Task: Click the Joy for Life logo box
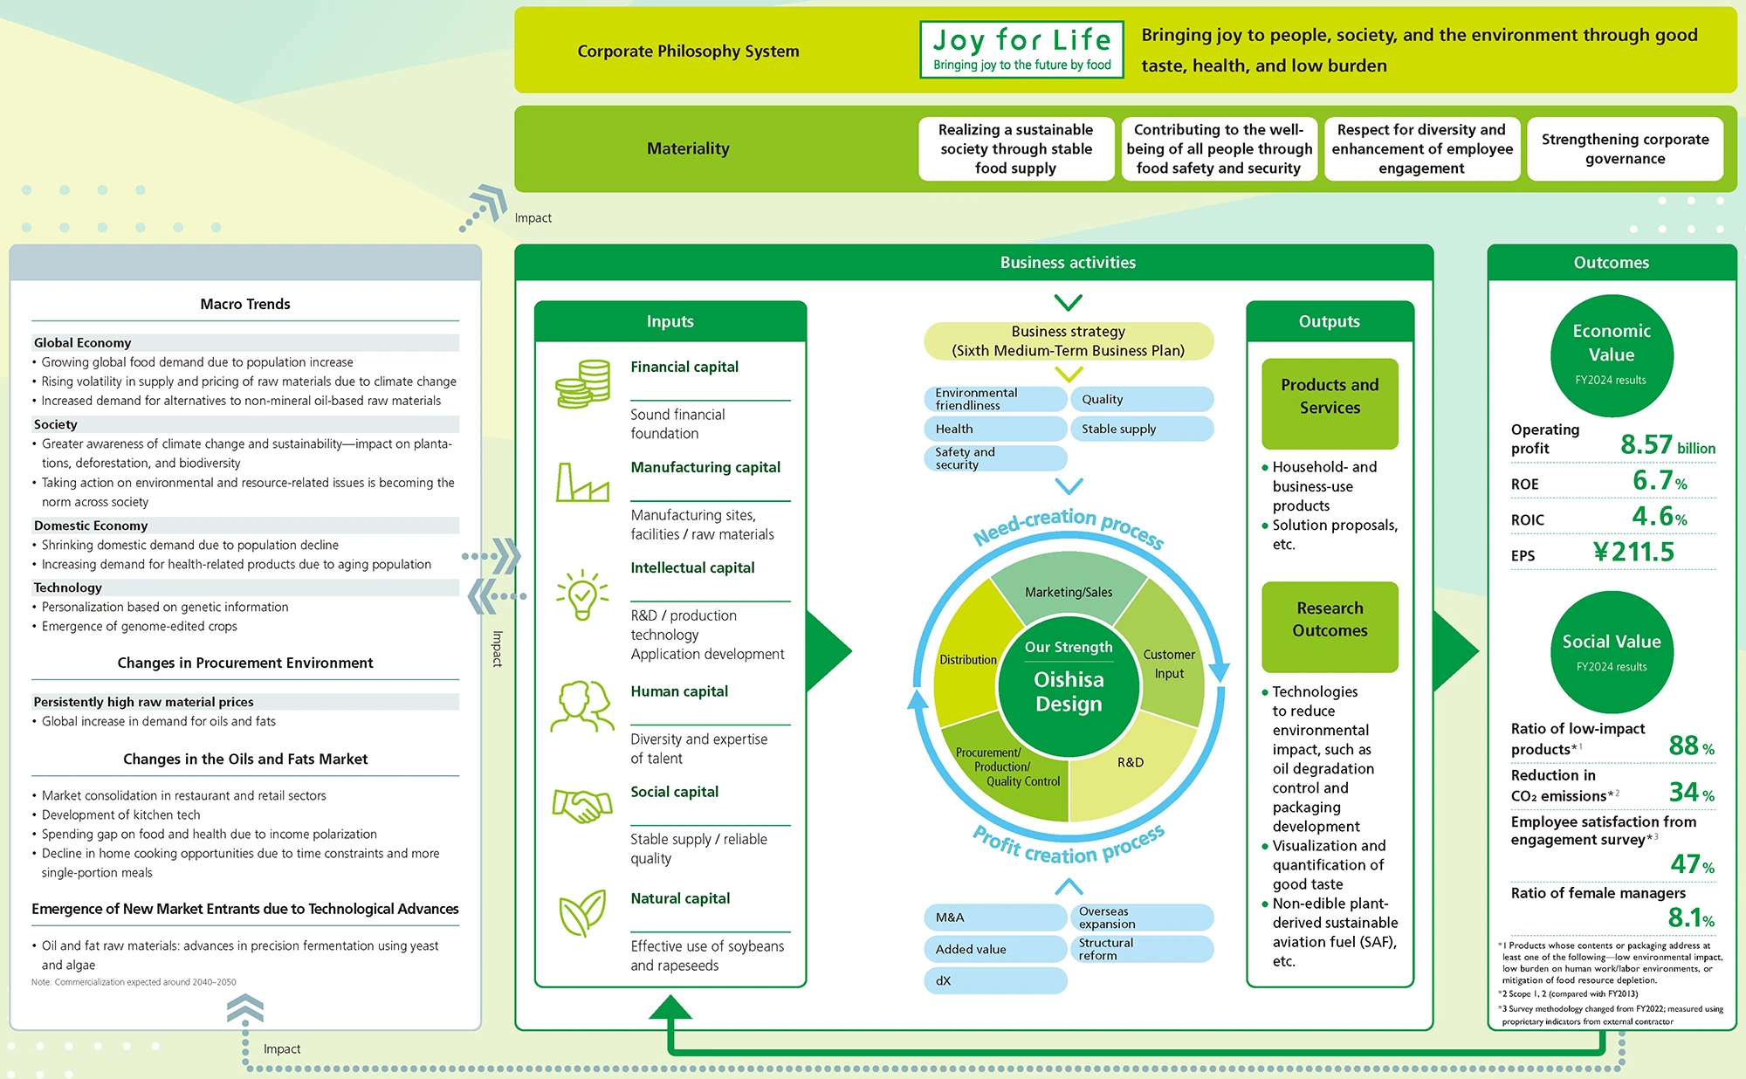pyautogui.click(x=1021, y=50)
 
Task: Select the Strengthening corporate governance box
pyautogui.click(x=1625, y=149)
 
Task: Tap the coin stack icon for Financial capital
pyautogui.click(x=582, y=384)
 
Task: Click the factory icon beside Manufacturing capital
pyautogui.click(x=582, y=483)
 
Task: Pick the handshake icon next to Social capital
pyautogui.click(x=582, y=805)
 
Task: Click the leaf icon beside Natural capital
pyautogui.click(x=582, y=913)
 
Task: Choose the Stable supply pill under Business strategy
pyautogui.click(x=1141, y=429)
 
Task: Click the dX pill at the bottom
pyautogui.click(x=995, y=980)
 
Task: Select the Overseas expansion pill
pyautogui.click(x=1141, y=917)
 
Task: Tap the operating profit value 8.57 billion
pyautogui.click(x=1667, y=445)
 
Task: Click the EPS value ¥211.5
pyautogui.click(x=1633, y=552)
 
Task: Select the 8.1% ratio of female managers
pyautogui.click(x=1690, y=918)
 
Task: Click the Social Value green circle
pyautogui.click(x=1612, y=651)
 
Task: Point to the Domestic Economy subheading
pyautogui.click(x=91, y=526)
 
